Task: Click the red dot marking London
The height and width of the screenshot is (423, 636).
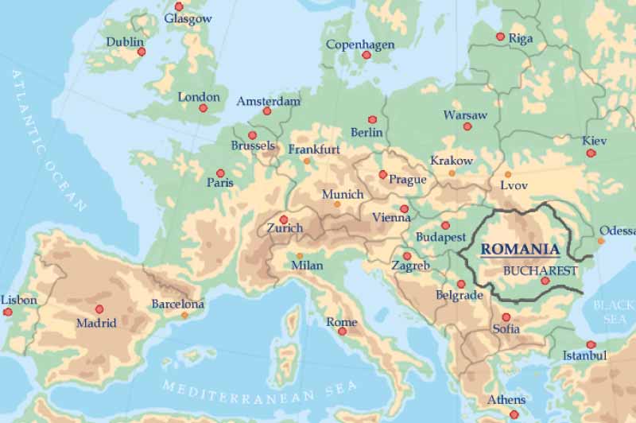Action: click(204, 108)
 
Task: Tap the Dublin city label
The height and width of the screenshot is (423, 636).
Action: click(125, 41)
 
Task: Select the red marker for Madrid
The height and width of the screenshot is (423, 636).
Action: click(99, 309)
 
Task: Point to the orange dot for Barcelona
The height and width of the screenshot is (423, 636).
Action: click(184, 316)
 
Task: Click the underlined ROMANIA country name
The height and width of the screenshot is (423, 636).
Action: click(520, 249)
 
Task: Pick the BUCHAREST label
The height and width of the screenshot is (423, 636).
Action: click(540, 270)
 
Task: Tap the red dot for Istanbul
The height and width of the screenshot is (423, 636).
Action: click(591, 344)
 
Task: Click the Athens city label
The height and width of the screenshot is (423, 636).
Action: click(506, 399)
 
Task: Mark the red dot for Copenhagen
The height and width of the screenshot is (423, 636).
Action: click(366, 55)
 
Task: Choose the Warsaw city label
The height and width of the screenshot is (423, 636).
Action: click(465, 114)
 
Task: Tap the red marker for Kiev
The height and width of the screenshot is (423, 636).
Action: click(591, 153)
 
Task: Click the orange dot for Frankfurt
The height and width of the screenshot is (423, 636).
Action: click(307, 161)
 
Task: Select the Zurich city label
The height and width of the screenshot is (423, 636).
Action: click(285, 228)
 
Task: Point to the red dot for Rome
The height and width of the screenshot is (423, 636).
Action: click(343, 332)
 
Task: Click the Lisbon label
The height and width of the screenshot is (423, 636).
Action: click(19, 300)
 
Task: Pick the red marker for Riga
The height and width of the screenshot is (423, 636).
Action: click(500, 37)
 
